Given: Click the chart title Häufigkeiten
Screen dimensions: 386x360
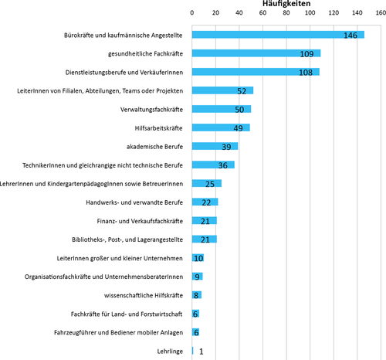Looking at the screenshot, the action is pyautogui.click(x=286, y=3).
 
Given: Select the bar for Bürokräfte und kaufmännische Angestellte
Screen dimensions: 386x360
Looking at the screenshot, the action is pyautogui.click(x=278, y=35).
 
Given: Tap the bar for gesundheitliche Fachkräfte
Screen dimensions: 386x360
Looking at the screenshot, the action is pyautogui.click(x=256, y=53).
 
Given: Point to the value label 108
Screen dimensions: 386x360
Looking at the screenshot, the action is pyautogui.click(x=306, y=73).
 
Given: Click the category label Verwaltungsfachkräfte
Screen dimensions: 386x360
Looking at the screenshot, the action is pyautogui.click(x=151, y=110).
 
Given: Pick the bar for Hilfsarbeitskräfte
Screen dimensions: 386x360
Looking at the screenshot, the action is pyautogui.click(x=221, y=127).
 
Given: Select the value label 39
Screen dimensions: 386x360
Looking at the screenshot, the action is pyautogui.click(x=226, y=147).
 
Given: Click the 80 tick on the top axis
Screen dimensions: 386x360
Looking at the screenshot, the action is pyautogui.click(x=286, y=12).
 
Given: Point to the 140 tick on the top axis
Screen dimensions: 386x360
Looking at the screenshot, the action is pyautogui.click(x=357, y=12).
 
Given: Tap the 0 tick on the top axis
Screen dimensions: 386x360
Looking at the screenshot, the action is pyautogui.click(x=192, y=12).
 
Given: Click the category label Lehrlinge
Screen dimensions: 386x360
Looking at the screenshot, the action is pyautogui.click(x=170, y=352).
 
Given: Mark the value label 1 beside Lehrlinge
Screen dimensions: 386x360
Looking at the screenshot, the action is pyautogui.click(x=201, y=352).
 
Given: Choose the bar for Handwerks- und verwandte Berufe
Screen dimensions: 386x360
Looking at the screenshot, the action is pyautogui.click(x=205, y=202).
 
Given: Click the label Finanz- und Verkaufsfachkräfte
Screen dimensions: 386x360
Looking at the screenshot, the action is pyautogui.click(x=140, y=221).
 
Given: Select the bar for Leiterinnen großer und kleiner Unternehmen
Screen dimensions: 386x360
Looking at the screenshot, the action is pyautogui.click(x=198, y=258).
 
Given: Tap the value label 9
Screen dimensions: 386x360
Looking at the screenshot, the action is pyautogui.click(x=197, y=277).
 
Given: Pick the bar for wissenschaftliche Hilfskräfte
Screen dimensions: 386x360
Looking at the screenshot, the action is pyautogui.click(x=197, y=295).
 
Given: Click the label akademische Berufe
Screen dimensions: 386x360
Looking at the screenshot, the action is pyautogui.click(x=154, y=147).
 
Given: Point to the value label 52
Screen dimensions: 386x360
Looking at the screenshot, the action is pyautogui.click(x=242, y=91).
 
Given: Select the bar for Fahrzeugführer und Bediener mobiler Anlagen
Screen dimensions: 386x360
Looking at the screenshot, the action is pyautogui.click(x=195, y=332).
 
